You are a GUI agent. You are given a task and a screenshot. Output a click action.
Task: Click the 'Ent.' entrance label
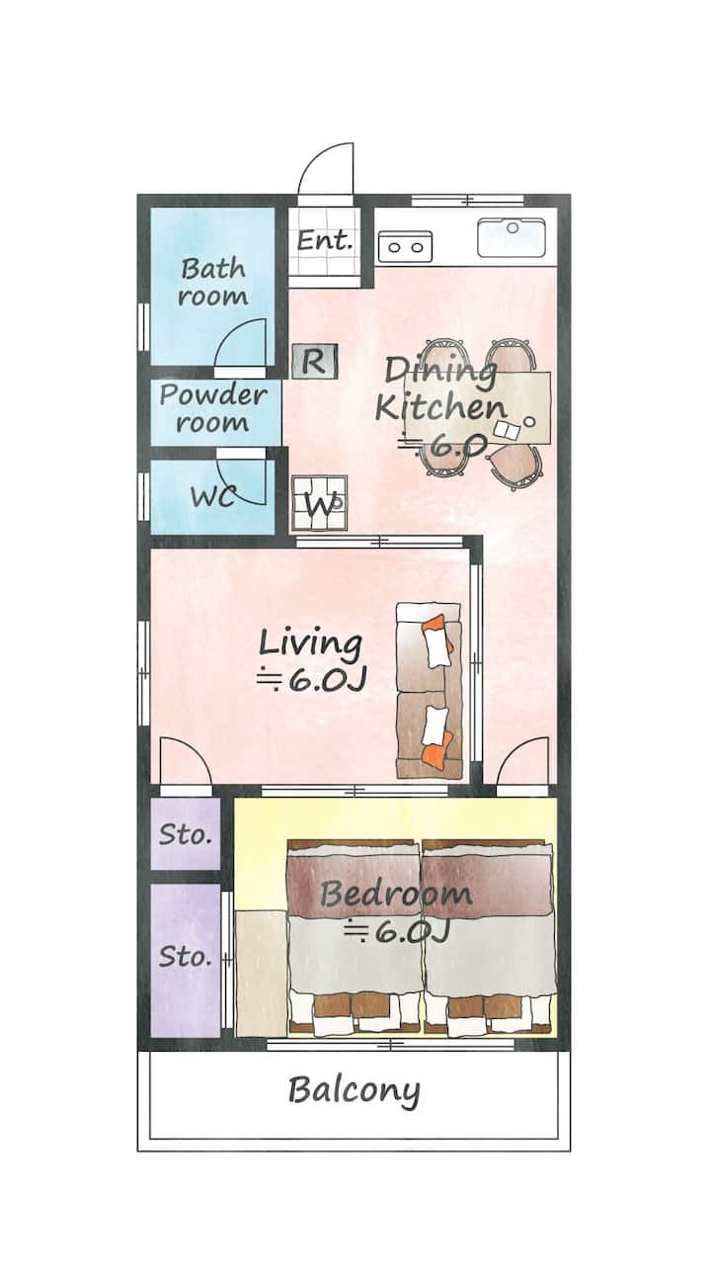click(x=324, y=240)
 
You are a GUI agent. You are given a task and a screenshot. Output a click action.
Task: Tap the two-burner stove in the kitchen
click(x=405, y=247)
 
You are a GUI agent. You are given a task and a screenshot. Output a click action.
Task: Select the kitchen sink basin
click(x=512, y=237)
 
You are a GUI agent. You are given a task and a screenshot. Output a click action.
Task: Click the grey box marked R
click(x=314, y=362)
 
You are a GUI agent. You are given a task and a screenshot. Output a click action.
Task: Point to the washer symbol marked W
click(x=319, y=503)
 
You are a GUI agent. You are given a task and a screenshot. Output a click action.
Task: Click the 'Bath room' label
click(x=212, y=282)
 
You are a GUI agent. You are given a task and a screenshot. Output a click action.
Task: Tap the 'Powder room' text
click(x=213, y=408)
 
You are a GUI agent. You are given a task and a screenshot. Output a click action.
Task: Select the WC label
click(x=212, y=496)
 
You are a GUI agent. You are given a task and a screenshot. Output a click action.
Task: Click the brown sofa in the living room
click(x=429, y=690)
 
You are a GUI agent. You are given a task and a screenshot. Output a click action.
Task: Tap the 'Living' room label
click(x=310, y=642)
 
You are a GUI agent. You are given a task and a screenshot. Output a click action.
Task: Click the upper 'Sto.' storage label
click(x=186, y=835)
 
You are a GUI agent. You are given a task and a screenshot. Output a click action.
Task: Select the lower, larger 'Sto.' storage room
click(x=186, y=961)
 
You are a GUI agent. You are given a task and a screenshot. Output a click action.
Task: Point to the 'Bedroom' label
click(x=396, y=894)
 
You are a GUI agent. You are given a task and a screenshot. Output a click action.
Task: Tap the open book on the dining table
click(x=508, y=430)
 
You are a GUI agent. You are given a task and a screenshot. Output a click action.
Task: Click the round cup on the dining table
click(x=530, y=421)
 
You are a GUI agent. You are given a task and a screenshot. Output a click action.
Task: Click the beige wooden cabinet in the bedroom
click(x=262, y=973)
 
